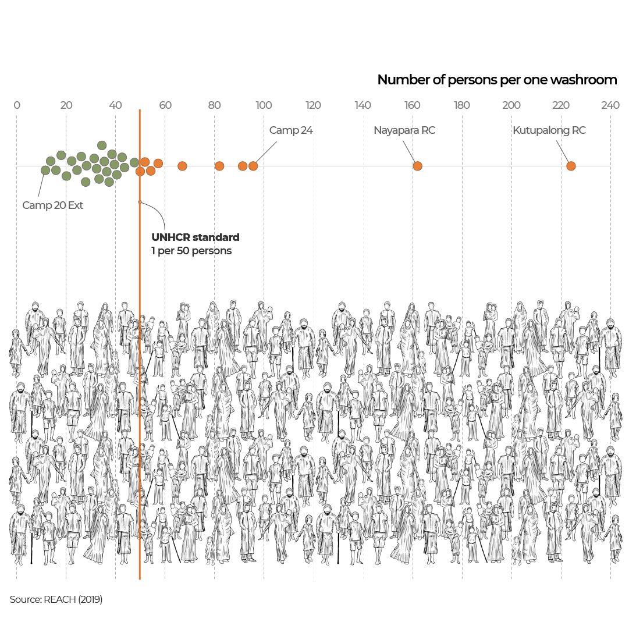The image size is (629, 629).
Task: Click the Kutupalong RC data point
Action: (x=571, y=166)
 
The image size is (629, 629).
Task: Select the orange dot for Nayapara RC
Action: (x=417, y=166)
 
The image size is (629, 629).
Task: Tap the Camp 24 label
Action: (x=291, y=130)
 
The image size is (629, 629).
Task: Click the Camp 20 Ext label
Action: (x=53, y=205)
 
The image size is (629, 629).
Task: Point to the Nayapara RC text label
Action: (x=404, y=130)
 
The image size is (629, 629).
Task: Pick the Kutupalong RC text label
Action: (x=549, y=130)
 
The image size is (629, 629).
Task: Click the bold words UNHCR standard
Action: (x=196, y=237)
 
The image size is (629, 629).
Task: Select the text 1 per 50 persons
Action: (x=191, y=251)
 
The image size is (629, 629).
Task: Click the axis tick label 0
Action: (x=17, y=105)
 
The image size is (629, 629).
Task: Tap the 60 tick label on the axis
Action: (x=165, y=105)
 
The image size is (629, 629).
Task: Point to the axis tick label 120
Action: (x=314, y=105)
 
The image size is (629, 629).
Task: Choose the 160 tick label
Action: (x=413, y=105)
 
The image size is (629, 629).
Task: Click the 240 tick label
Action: (x=610, y=105)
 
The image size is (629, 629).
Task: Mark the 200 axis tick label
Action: (x=511, y=105)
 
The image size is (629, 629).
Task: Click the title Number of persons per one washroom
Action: (x=497, y=80)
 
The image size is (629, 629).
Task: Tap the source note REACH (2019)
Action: (x=56, y=599)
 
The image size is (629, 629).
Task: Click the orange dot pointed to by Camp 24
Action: (x=253, y=166)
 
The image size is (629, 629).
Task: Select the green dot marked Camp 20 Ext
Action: (x=45, y=170)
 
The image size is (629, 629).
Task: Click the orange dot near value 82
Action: (x=219, y=166)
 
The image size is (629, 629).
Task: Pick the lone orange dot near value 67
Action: (x=182, y=166)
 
